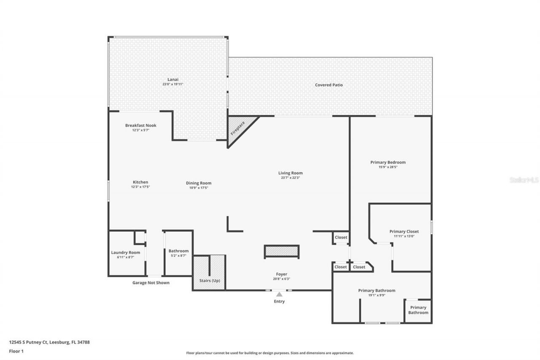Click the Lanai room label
pos(173,79)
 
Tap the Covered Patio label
pos(329,85)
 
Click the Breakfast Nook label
pos(140,125)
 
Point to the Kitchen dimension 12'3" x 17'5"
pos(140,187)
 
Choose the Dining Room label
pos(198,183)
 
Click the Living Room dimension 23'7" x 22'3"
pos(290,178)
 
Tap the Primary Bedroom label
pos(388,162)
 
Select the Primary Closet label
pos(404,231)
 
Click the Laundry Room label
pos(125,252)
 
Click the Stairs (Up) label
pos(209,281)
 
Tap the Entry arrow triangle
pos(279,295)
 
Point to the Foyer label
pos(281,274)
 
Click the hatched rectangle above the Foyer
pos(281,252)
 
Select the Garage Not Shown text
pos(151,283)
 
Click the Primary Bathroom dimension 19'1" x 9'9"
pos(376,295)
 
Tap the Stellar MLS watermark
pos(524,180)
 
